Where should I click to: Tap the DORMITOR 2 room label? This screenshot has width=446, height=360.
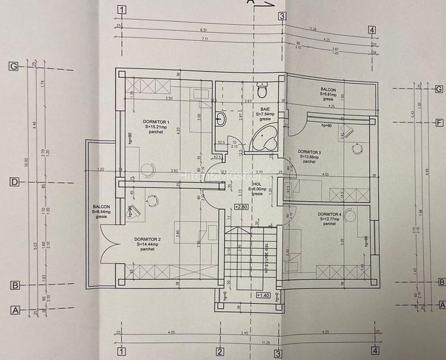147,239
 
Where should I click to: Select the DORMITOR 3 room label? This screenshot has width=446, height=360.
310,152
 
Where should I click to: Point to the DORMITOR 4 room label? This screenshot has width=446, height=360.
329,214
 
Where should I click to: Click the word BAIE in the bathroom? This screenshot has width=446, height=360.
264,109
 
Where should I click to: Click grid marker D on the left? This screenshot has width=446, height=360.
13,182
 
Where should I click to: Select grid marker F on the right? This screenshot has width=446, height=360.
440,123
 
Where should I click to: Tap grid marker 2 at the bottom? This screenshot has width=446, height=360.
219,351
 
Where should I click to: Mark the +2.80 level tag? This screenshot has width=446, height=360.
241,207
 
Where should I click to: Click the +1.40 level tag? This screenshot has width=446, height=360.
262,295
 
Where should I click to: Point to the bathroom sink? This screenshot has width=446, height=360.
221,119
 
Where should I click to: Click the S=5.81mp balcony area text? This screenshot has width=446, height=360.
332,95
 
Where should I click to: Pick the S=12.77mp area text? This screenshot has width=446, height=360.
329,219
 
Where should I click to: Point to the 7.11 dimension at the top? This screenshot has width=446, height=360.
205,39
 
